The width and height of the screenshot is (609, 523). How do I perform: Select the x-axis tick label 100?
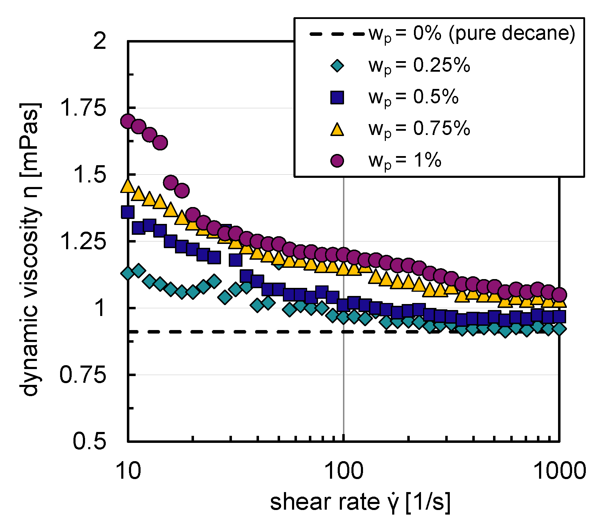pos(343,471)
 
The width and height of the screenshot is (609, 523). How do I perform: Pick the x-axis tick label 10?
pos(128,471)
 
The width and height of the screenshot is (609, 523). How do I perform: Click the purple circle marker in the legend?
pos(337,160)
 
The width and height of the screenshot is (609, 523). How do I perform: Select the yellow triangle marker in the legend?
pos(337,129)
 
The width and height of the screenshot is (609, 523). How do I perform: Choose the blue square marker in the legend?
pos(337,97)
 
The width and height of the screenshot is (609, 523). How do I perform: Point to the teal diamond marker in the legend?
pos(337,66)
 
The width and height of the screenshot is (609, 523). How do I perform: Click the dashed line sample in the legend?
pos(337,34)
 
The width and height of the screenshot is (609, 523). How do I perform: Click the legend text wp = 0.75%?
pos(419,129)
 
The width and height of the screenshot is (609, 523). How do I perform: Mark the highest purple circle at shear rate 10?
pos(128,121)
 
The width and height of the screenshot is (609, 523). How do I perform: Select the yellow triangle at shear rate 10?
pos(128,186)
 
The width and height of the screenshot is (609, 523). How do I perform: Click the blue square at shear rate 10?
pos(128,212)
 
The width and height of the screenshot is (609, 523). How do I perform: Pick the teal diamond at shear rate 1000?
pos(559,329)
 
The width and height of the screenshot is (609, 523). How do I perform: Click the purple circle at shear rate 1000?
pos(559,295)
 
